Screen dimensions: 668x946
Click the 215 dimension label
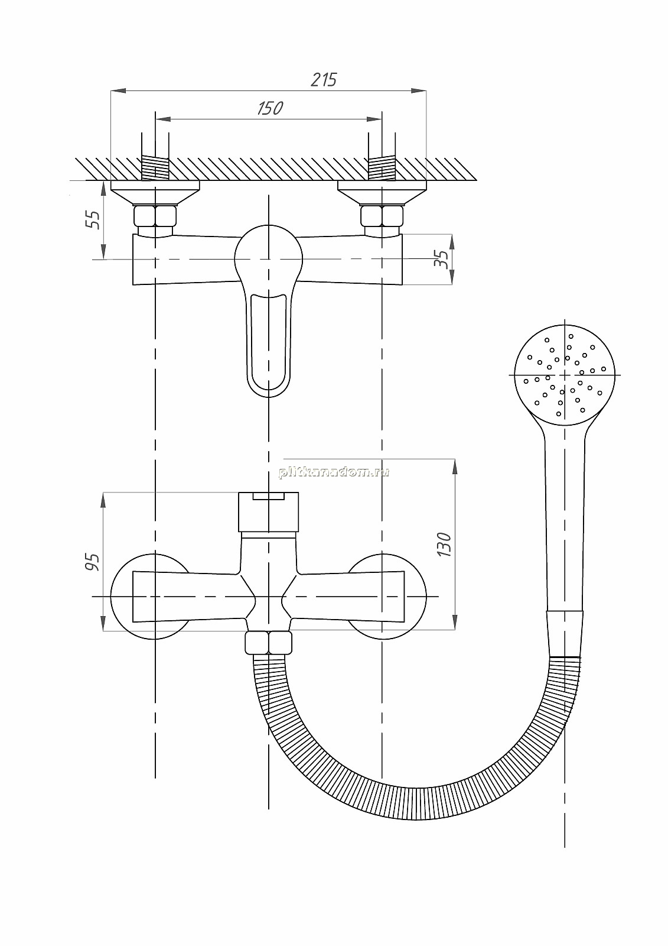324,79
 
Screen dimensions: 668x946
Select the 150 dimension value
270,108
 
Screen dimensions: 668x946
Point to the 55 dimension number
93,219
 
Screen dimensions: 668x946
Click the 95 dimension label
92,562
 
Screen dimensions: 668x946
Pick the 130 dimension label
444,544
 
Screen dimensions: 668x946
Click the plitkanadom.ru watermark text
334,472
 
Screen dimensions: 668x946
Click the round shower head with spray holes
565,375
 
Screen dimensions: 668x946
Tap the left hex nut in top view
155,216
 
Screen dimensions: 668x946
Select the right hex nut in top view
382,216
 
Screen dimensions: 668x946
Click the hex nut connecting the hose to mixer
269,643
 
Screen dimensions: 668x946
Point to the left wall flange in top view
155,192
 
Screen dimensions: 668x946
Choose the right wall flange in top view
382,192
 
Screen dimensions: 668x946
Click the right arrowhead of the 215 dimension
419,90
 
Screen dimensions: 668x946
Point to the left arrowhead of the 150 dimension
163,119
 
